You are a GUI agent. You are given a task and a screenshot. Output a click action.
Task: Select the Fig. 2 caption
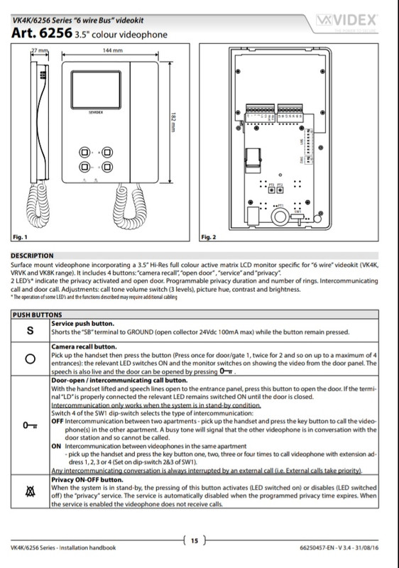[x=209, y=235]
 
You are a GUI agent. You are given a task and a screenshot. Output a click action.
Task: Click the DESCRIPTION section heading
[x=32, y=255]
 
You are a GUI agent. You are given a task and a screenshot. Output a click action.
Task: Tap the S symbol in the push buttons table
[x=30, y=329]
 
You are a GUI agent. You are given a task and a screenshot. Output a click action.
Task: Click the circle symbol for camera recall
[x=30, y=359]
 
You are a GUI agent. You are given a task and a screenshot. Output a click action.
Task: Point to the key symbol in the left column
[x=30, y=425]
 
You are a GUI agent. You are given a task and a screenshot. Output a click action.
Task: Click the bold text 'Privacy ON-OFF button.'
[x=82, y=479]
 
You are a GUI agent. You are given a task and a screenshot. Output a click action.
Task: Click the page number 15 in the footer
[x=197, y=540]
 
